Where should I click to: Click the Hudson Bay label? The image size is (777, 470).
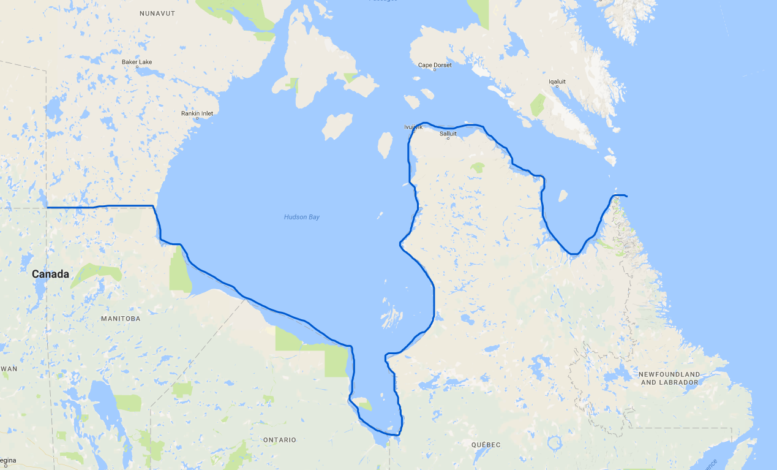301,217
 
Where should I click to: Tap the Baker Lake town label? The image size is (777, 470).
137,62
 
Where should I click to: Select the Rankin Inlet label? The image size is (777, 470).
197,113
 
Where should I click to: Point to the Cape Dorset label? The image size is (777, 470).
434,65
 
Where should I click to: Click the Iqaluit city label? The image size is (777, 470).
557,81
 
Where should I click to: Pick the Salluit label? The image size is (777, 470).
448,133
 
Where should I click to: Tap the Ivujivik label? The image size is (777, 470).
413,127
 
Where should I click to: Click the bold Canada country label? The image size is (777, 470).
50,275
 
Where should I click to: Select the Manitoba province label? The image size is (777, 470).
121,319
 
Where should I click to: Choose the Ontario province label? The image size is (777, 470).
279,440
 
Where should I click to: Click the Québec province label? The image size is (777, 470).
486,444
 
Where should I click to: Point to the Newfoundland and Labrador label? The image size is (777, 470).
669,378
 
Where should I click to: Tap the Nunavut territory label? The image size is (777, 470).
157,13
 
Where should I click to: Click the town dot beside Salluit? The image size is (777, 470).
448,138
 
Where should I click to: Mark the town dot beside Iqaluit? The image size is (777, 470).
557,87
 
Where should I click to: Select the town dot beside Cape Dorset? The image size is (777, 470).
435,70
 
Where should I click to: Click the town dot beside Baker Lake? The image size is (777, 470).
137,67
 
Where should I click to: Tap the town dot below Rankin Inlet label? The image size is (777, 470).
197,119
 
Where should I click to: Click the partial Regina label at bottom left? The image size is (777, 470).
8,460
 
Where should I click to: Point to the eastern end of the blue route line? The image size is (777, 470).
626,196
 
